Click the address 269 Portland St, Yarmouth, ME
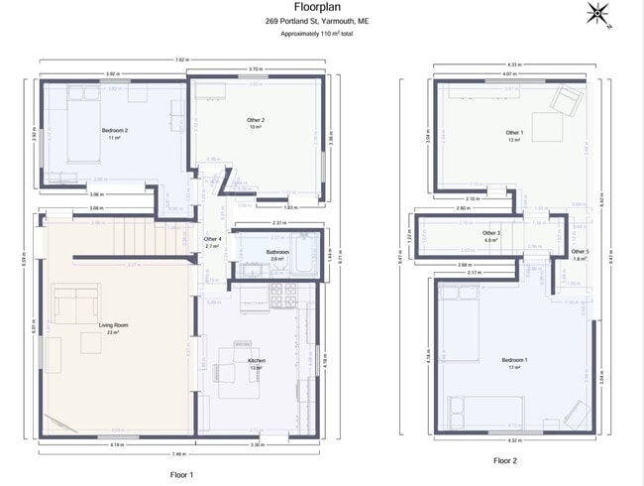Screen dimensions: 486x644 pos(318,21)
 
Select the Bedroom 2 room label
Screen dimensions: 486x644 pos(115,130)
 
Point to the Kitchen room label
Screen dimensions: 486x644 pos(257,360)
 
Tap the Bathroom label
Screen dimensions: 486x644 pos(277,253)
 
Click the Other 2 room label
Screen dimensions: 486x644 pos(256,120)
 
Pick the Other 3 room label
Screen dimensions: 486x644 pos(491,233)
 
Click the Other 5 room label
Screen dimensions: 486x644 pos(581,252)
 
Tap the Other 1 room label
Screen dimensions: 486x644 pos(513,132)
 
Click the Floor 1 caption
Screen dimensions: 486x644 pos(181,475)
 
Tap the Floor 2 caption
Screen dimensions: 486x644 pos(505,460)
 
